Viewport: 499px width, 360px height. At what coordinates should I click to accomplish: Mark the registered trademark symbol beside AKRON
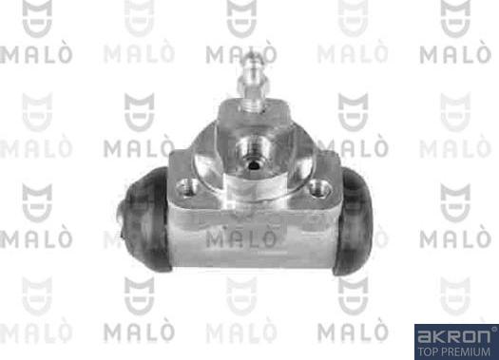492,329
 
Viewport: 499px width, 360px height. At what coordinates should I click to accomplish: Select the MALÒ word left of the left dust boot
34,237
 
